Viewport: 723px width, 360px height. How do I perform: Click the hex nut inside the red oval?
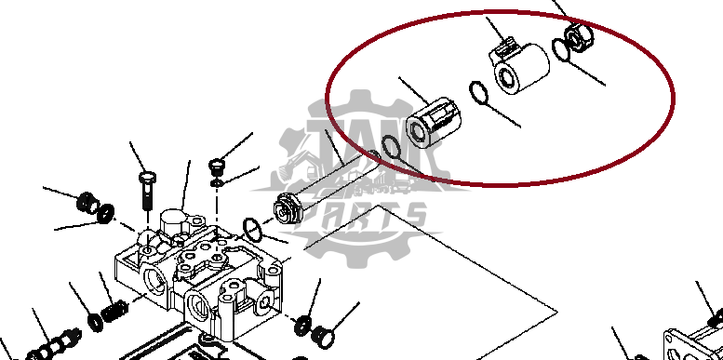(x=577, y=38)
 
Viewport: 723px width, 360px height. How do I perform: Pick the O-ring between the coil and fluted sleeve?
(x=477, y=95)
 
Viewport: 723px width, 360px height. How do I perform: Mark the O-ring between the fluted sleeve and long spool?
(x=392, y=146)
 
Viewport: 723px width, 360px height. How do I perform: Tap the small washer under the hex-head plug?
(x=218, y=182)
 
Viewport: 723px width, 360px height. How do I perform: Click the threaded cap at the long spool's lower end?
(x=289, y=207)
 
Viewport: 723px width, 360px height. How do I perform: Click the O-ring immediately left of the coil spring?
(x=97, y=323)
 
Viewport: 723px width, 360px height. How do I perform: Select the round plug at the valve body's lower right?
(x=322, y=332)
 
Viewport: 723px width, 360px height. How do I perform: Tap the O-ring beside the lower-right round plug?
(x=301, y=325)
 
